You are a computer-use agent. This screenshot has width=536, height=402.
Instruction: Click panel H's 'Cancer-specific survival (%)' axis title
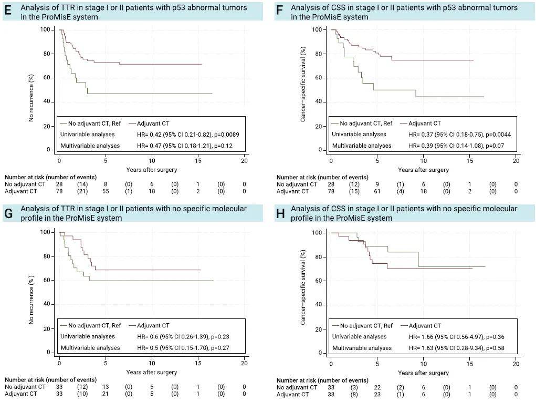(x=303, y=292)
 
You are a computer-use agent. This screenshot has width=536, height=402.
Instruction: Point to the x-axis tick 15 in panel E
(x=197, y=160)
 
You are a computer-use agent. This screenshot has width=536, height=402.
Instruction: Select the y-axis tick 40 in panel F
(x=318, y=102)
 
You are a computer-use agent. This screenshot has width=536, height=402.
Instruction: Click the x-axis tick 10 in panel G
(x=151, y=363)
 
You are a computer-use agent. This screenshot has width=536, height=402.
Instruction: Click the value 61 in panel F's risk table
(x=377, y=193)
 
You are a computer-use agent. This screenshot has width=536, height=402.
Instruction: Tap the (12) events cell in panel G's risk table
(x=83, y=387)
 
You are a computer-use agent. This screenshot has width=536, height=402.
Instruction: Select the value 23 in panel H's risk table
(x=377, y=394)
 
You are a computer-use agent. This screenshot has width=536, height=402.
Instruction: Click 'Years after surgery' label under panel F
(x=423, y=170)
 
